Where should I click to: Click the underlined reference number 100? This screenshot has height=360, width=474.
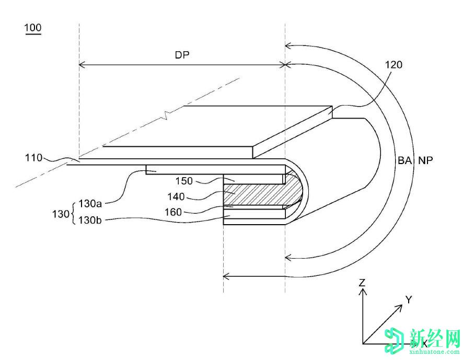[32, 28]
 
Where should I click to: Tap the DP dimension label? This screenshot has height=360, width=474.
[182, 55]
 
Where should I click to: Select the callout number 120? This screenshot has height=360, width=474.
[394, 65]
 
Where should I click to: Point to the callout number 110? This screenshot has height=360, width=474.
[33, 157]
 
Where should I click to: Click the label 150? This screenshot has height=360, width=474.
[184, 181]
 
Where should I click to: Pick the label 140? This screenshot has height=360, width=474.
[176, 197]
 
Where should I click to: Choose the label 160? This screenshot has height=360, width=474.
[173, 212]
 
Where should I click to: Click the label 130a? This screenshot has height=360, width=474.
[90, 203]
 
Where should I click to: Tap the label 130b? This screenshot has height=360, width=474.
[90, 220]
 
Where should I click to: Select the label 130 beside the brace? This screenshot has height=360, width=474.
[61, 214]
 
